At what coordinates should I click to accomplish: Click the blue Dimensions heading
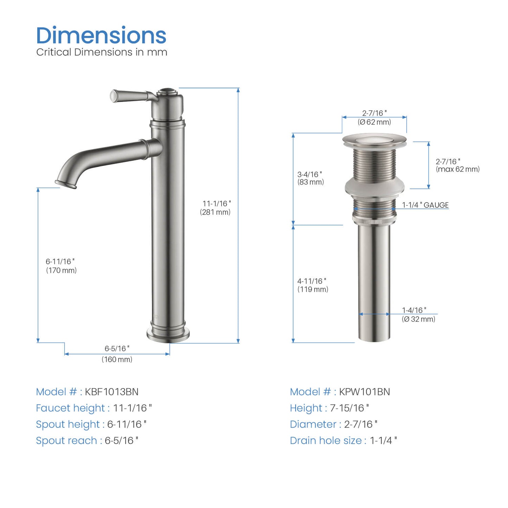(101, 35)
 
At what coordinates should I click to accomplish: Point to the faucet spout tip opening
(66, 184)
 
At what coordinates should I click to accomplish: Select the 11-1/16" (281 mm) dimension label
(215, 208)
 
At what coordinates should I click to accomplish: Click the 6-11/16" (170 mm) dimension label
(61, 266)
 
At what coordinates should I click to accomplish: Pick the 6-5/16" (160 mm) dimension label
(117, 354)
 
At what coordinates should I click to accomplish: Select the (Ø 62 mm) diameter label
(374, 122)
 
